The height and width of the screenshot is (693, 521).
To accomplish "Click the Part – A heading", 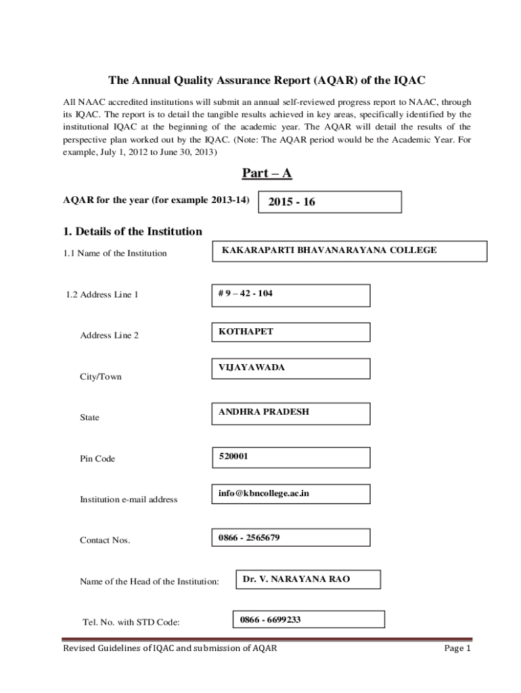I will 267,174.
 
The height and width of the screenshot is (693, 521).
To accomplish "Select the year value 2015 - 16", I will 292,202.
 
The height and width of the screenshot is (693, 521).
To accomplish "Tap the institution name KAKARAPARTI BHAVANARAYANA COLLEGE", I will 329,250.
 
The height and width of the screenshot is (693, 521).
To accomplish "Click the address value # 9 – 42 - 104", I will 246,294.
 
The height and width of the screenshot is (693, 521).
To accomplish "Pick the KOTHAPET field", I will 246,332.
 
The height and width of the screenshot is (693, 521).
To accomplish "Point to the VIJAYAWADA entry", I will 251,367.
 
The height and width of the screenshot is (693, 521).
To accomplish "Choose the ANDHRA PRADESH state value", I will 263,411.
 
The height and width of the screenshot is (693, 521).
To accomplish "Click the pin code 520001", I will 233,456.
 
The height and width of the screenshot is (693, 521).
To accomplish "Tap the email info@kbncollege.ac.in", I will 263,494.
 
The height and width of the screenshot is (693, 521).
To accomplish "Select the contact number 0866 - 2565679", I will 249,538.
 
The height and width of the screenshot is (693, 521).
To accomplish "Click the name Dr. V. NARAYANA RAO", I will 296,579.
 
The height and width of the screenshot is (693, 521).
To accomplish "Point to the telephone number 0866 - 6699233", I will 270,619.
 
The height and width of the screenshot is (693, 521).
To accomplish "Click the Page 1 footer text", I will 457,648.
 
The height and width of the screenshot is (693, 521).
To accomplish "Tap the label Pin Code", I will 97,459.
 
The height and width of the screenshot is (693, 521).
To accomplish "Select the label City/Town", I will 101,377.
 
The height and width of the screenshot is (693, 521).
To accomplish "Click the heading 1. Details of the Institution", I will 133,231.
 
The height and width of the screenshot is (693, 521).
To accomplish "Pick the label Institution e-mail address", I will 129,499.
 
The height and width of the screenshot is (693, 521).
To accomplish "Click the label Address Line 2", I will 109,336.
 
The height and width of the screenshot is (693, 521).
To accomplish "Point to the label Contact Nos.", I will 105,540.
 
